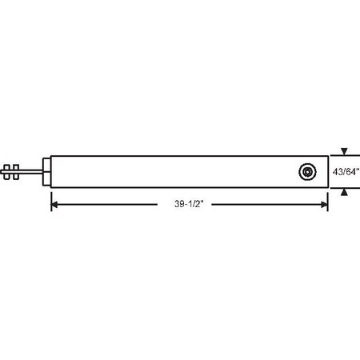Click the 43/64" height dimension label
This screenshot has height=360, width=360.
[x=346, y=170]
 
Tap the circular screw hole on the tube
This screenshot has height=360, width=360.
[x=306, y=170]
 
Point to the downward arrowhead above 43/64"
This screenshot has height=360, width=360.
[x=344, y=150]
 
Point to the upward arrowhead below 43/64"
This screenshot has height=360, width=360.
[x=344, y=191]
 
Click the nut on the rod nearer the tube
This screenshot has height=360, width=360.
[x=17, y=170]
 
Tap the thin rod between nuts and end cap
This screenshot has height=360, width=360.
[x=32, y=170]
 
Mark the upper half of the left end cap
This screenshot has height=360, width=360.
[x=48, y=162]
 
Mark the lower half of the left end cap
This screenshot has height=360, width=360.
[x=48, y=179]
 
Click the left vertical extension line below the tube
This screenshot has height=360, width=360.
[x=51, y=198]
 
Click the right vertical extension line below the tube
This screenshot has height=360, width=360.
[x=328, y=198]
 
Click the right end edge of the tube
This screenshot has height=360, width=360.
[x=328, y=170]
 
